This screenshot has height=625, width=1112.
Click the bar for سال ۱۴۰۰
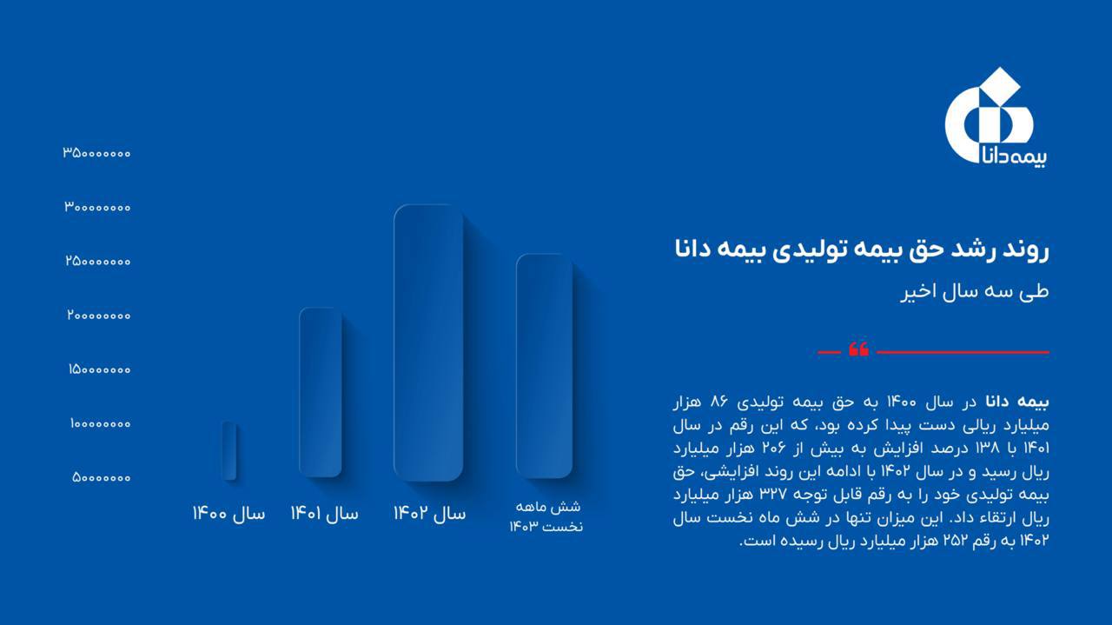pos(228,450)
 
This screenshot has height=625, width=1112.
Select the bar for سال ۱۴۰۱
pos(321,393)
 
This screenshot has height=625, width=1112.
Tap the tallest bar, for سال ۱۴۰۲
pos(428,342)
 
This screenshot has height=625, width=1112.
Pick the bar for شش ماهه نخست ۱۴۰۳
pos(544,366)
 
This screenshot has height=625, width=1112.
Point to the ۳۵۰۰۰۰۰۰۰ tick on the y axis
pos(96,153)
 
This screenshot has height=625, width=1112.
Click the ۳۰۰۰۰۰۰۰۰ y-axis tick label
pos(97,207)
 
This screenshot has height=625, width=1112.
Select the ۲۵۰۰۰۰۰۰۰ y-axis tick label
pos(98,261)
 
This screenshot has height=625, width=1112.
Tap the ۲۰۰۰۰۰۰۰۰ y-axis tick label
pos(99,315)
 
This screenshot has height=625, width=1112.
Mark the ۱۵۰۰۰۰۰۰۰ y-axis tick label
pos(100,369)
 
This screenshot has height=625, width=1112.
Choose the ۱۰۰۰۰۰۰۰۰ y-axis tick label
pos(100,424)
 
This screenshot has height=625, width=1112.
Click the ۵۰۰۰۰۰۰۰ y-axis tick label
pos(102,477)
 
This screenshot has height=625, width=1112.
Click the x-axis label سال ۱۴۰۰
pos(228,514)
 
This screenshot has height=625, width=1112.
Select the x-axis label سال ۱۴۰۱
pos(325,514)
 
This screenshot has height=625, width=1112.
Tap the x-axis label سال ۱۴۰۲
pos(430,514)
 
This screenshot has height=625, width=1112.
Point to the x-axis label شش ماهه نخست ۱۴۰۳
pos(546,516)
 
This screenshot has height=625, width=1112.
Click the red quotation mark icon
pos(858,349)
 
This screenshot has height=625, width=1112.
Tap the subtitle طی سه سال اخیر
pos(975,291)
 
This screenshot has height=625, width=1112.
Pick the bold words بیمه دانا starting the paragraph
pos(1017,402)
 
